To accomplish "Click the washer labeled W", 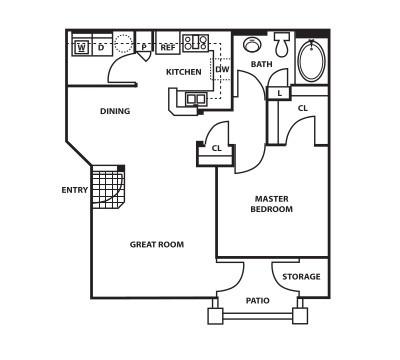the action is tap(81, 47).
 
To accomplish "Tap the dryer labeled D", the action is tap(101, 47).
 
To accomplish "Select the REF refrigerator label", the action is tap(168, 47).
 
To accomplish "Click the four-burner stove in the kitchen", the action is tap(195, 42).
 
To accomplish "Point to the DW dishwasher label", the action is tap(222, 69).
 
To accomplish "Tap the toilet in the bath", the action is tap(282, 44).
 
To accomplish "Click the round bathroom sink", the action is tap(252, 44).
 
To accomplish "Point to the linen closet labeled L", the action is tap(279, 93).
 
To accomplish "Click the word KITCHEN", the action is tap(184, 72).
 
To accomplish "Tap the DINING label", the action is tap(115, 111).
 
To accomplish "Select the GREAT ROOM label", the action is tap(157, 244).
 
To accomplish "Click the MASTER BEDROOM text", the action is tap(272, 204).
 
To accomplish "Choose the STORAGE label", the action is tap(301, 277).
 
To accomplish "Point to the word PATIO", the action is tap(258, 301).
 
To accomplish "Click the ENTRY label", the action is tap(75, 190).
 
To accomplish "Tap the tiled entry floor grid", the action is tap(108, 187).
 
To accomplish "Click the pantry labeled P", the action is tap(144, 47).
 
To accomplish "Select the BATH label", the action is tap(262, 64).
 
